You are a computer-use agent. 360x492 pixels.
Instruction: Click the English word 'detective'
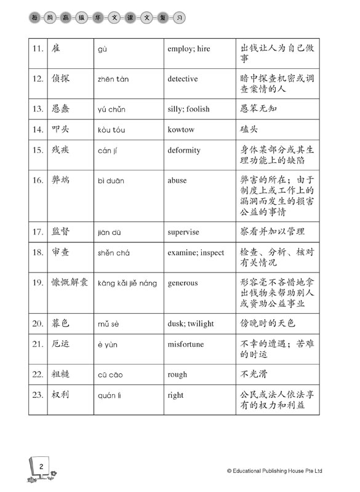(182, 79)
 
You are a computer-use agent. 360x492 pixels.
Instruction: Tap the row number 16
(38, 180)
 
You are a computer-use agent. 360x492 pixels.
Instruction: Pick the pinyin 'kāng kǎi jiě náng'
(127, 284)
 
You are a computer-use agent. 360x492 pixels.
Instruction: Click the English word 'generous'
(182, 284)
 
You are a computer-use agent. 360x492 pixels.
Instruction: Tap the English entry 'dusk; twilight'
(191, 323)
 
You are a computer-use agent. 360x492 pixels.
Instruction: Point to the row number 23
(38, 395)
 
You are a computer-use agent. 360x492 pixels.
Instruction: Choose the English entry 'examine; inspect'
(196, 253)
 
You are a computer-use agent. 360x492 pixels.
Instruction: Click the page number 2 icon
(39, 470)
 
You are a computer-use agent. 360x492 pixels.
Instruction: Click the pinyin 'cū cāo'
(111, 374)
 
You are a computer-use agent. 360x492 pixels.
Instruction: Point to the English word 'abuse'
(177, 180)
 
